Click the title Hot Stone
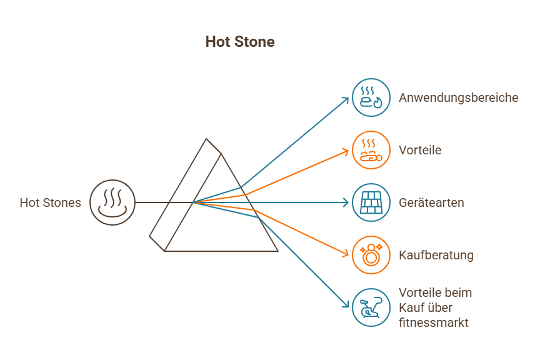point(239,42)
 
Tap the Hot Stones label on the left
point(50,202)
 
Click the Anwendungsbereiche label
point(458,97)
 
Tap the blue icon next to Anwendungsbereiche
point(371,97)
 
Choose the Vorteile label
point(420,150)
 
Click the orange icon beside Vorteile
point(371,150)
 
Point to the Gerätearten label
point(431,202)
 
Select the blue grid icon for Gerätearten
point(371,202)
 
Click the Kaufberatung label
point(436,255)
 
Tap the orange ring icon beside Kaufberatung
point(371,255)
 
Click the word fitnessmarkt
point(433,322)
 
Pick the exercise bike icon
point(371,307)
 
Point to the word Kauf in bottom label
point(410,307)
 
